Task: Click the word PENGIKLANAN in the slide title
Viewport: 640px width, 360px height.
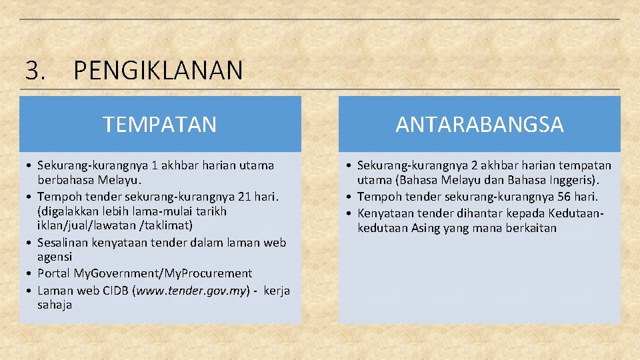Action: [158, 70]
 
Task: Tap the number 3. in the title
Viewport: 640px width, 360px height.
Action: [35, 70]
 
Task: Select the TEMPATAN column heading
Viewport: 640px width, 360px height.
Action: [160, 124]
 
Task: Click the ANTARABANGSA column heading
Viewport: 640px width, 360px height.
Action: [479, 124]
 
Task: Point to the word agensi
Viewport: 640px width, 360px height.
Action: [55, 257]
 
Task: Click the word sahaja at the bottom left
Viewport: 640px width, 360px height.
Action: [55, 305]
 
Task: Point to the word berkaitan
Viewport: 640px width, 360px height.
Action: [531, 228]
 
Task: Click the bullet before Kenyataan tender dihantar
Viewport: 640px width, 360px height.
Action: [351, 213]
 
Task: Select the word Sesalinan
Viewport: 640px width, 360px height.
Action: [64, 242]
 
